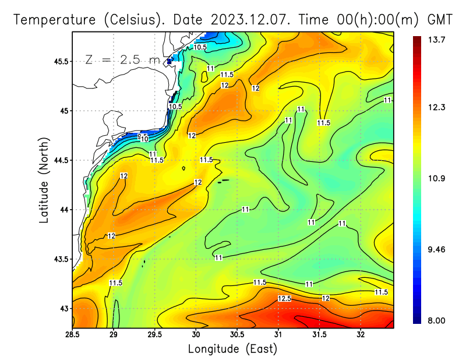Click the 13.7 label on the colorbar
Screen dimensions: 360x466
tap(437, 40)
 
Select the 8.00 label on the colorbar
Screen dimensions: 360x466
tap(437, 320)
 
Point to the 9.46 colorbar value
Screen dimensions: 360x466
tap(437, 250)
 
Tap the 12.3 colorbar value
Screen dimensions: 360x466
tap(437, 107)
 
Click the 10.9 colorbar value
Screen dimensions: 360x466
tap(437, 178)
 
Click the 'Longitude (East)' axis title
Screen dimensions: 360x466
tap(232, 348)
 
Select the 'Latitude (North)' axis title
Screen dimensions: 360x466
tap(44, 180)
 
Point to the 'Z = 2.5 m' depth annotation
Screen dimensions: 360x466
tap(122, 59)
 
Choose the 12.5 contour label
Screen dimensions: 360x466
tap(284, 298)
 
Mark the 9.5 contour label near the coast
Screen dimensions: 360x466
tap(142, 135)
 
